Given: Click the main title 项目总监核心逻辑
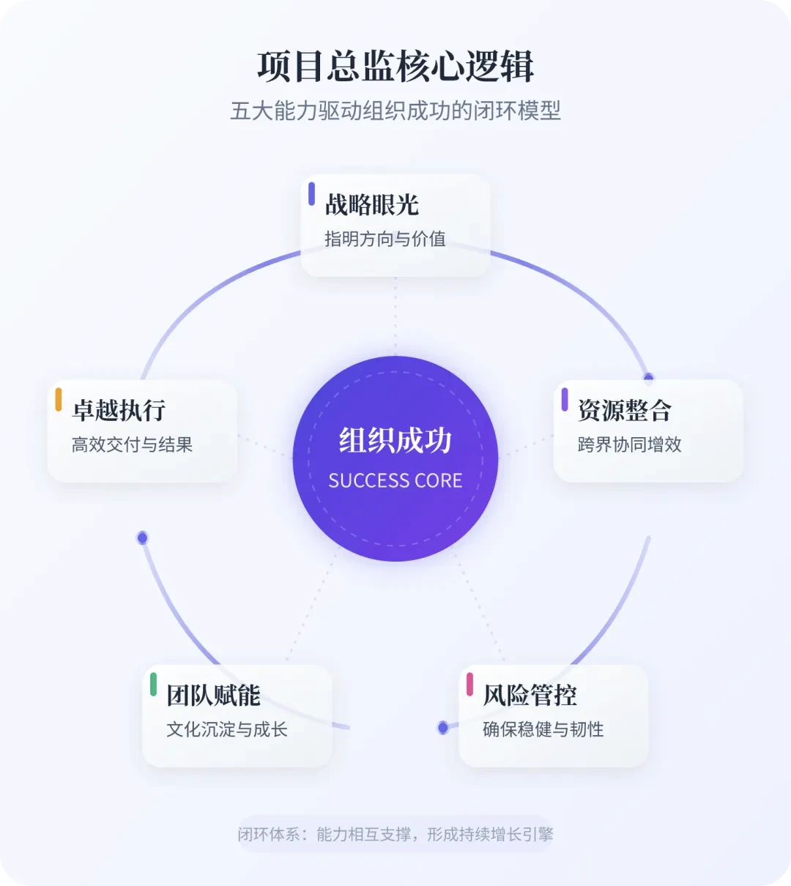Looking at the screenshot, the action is pyautogui.click(x=395, y=67).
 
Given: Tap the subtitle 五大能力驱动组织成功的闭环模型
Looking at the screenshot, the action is pyautogui.click(x=395, y=111).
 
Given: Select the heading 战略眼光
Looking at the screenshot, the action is pyautogui.click(x=371, y=205).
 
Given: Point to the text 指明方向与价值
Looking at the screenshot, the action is pyautogui.click(x=385, y=239).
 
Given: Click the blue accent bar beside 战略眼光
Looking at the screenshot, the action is pyautogui.click(x=311, y=194).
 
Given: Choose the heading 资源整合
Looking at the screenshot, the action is pyautogui.click(x=624, y=410).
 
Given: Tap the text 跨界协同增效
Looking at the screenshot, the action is pyautogui.click(x=629, y=444).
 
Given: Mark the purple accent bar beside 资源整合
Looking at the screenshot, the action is pyautogui.click(x=565, y=399).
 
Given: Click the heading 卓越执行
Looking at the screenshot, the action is pyautogui.click(x=119, y=410).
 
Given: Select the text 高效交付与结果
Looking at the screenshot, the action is pyautogui.click(x=132, y=444).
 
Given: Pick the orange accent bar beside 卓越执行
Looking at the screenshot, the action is pyautogui.click(x=59, y=399).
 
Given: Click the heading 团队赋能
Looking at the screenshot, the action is pyautogui.click(x=213, y=696).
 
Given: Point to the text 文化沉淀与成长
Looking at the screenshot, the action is pyautogui.click(x=226, y=729).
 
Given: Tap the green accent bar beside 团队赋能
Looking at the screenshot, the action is pyautogui.click(x=153, y=684).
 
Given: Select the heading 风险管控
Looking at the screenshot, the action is pyautogui.click(x=530, y=696).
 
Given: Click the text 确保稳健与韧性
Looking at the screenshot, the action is pyautogui.click(x=543, y=729).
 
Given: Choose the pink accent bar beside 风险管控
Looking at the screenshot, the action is pyautogui.click(x=469, y=684).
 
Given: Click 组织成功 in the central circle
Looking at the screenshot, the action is pyautogui.click(x=395, y=441).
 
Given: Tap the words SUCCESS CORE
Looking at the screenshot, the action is pyautogui.click(x=395, y=480).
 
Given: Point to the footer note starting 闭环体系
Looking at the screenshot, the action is pyautogui.click(x=395, y=834).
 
